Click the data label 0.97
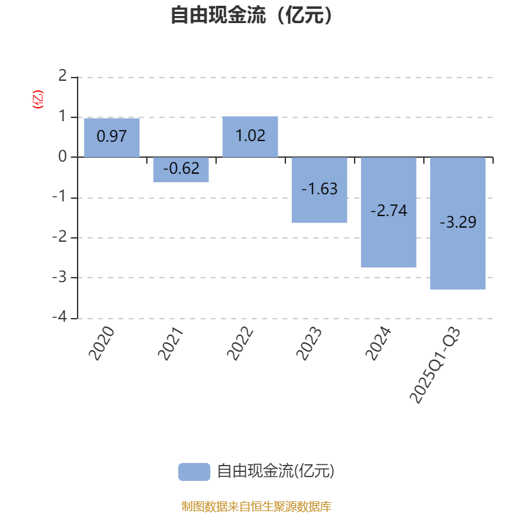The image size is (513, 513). [112, 137]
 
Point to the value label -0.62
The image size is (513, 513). [181, 169]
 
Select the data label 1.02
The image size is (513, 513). [250, 136]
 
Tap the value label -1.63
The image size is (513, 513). [319, 189]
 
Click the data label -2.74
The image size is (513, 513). [389, 211]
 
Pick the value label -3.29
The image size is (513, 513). [458, 223]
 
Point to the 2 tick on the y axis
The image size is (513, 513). [62, 76]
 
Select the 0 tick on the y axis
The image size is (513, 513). [62, 156]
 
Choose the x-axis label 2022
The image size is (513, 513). [241, 344]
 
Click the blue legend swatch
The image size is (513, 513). [194, 471]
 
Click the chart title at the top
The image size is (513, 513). [253, 15]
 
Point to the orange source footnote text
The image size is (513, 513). [256, 506]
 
